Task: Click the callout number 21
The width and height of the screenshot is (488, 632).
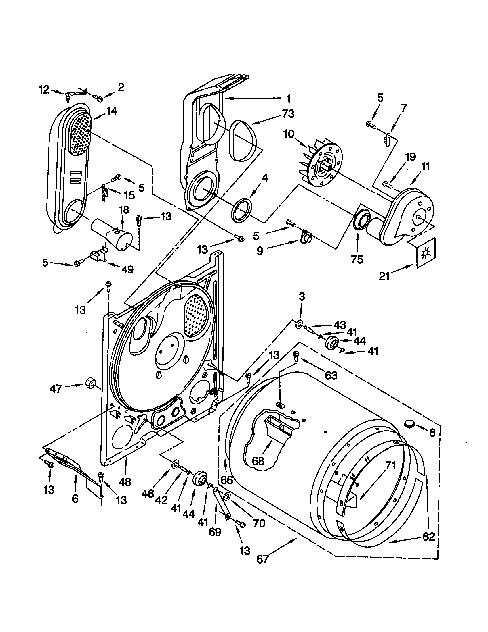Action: point(384,276)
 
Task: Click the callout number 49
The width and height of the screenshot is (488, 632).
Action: point(127,269)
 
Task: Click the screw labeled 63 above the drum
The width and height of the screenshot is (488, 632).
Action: point(296,355)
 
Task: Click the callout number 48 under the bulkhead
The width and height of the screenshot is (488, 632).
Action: point(125,482)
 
